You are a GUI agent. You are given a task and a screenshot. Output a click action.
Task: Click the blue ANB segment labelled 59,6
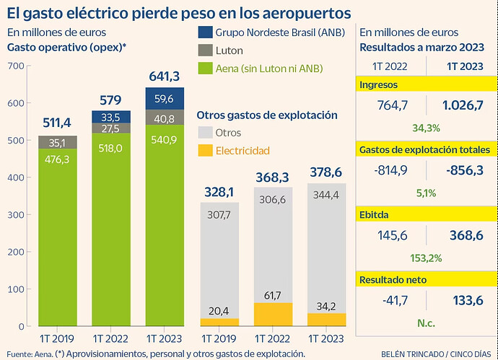coord(165,99)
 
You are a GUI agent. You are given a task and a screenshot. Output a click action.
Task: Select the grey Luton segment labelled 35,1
coord(58,143)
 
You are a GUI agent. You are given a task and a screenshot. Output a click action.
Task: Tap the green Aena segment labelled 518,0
coord(111,229)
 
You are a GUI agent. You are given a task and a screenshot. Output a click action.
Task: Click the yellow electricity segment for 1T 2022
coord(273,315)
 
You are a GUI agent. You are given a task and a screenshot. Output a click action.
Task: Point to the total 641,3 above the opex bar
coord(165,76)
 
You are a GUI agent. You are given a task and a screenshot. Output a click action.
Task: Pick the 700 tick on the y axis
coord(16,66)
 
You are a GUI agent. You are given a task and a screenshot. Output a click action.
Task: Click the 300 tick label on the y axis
coord(16,214)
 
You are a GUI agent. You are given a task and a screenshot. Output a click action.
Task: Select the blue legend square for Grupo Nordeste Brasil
coord(205,32)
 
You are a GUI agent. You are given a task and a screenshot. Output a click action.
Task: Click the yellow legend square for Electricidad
coord(205,151)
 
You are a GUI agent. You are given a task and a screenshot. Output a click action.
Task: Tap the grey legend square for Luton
coord(205,51)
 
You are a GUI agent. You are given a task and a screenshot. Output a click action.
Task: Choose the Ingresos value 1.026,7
coord(463,105)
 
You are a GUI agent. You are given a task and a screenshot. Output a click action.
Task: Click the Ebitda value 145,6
coord(393,235)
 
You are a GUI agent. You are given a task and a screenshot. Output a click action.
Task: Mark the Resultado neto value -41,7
coord(395,300)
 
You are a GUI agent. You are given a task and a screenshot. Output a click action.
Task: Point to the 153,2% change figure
coord(426,258)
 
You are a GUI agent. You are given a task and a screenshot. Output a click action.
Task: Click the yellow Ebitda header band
coord(427,214)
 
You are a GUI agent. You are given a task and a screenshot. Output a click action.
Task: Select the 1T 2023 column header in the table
coord(465,66)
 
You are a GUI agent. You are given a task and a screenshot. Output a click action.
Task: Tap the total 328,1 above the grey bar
coord(219,192)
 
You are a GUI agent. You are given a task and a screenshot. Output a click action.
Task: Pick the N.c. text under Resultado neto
coord(426,323)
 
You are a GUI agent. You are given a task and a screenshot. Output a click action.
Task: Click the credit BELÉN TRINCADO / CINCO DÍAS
coord(436,354)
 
